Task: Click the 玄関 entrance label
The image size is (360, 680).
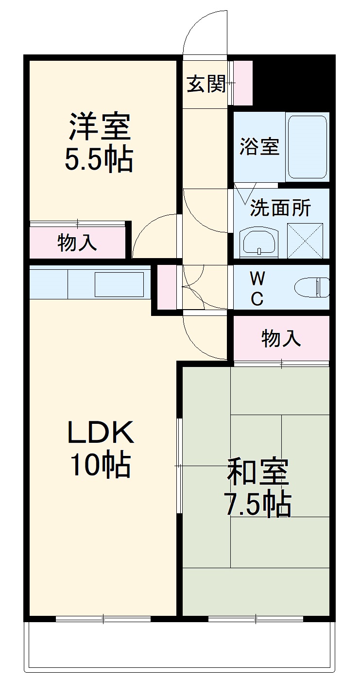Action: pos(206,84)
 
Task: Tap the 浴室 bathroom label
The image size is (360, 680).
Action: pos(259,146)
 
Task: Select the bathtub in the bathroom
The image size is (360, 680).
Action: pos(307,146)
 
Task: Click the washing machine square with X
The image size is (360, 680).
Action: pos(305,240)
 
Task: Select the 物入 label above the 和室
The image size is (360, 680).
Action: pos(281,338)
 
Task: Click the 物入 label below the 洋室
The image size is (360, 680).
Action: pos(77,243)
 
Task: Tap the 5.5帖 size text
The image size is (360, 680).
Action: pos(99,160)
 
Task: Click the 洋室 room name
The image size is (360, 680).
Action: pos(99,127)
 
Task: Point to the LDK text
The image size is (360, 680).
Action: pos(101,432)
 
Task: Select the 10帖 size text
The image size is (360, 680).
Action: pos(101,465)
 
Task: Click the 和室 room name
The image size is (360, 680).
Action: pos(258,472)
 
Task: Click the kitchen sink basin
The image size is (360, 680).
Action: pos(119,284)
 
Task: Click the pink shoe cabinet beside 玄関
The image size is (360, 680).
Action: pos(243,83)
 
